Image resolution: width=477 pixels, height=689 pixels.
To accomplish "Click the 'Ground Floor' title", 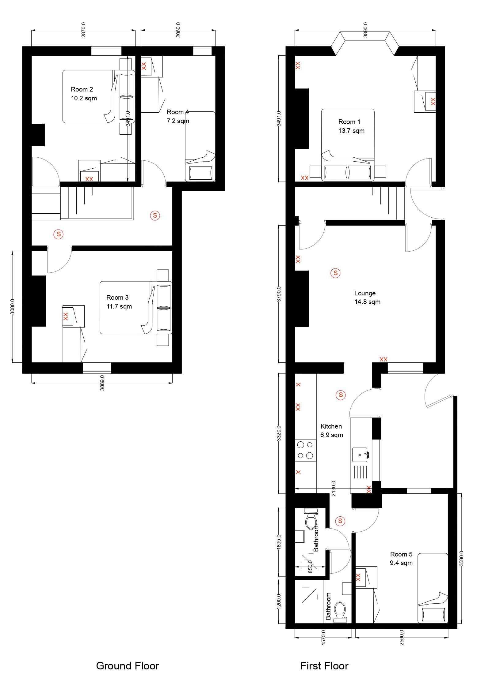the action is [128, 666].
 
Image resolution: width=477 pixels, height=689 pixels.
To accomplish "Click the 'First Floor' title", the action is [324, 666].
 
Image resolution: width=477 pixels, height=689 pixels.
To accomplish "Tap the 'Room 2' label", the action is [82, 89].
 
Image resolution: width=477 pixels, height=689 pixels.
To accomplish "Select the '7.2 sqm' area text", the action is [178, 121].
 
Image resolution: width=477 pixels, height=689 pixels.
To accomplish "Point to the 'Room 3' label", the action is [117, 297].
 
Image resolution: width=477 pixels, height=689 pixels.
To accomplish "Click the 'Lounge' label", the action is [365, 293].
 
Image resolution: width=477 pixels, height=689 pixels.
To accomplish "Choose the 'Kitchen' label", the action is [331, 426].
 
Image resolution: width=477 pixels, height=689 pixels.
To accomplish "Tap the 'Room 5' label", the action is [401, 554].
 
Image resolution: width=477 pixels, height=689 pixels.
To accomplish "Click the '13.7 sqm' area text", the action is [351, 131].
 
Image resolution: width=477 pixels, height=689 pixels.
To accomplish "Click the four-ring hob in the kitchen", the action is [306, 450].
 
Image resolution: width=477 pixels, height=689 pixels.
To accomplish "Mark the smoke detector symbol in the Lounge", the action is [335, 273].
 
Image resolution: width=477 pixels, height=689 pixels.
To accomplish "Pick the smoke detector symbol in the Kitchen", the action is [341, 395].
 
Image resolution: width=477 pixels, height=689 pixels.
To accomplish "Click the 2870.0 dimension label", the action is [83, 30].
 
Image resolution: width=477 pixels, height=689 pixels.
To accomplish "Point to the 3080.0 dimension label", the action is [13, 307].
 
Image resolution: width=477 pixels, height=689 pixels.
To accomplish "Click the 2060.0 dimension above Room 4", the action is [178, 30].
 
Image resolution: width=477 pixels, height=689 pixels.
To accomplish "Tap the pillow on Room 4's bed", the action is [201, 173].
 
